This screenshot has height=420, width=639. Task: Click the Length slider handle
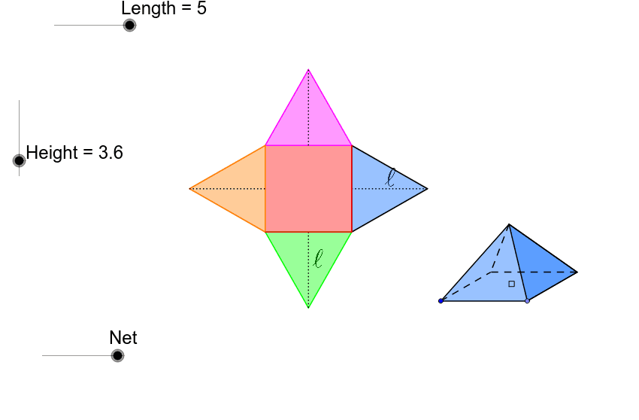pyautogui.click(x=129, y=26)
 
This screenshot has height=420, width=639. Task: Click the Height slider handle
pyautogui.click(x=19, y=160)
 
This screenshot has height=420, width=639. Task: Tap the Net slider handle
pyautogui.click(x=117, y=355)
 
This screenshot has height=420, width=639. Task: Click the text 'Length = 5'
pyautogui.click(x=164, y=8)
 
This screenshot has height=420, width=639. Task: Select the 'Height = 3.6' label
pyautogui.click(x=74, y=153)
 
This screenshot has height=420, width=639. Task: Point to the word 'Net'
pyautogui.click(x=123, y=338)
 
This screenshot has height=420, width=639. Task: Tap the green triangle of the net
pyautogui.click(x=308, y=257)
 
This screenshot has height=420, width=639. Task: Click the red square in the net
pyautogui.click(x=308, y=189)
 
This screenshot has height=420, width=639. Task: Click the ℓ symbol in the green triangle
pyautogui.click(x=318, y=259)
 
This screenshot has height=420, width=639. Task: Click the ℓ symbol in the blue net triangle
pyautogui.click(x=391, y=177)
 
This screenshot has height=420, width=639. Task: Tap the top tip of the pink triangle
pyautogui.click(x=308, y=70)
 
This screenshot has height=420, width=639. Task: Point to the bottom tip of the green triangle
pyautogui.click(x=308, y=307)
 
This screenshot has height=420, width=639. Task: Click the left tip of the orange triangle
pyautogui.click(x=190, y=189)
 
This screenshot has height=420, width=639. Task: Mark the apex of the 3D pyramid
pyautogui.click(x=509, y=224)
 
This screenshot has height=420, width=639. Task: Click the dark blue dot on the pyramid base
pyautogui.click(x=441, y=301)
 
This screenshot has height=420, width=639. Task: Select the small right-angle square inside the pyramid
pyautogui.click(x=512, y=284)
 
